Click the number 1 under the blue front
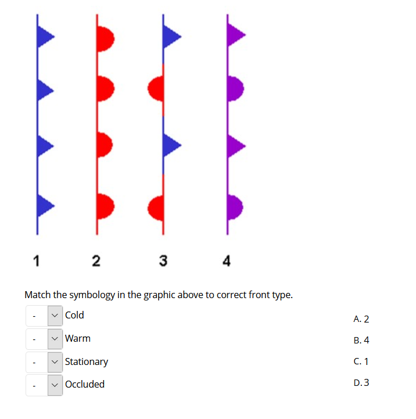tap(37, 261)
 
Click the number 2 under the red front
tap(96, 261)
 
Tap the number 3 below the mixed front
tap(163, 261)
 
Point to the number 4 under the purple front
tap(227, 261)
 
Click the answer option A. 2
tap(361, 318)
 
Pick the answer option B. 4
tap(361, 340)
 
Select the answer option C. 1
tap(361, 361)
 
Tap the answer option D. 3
tap(361, 382)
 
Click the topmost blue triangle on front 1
tap(45, 37)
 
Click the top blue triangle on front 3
tap(171, 37)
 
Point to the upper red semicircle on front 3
tap(156, 89)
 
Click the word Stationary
tap(87, 361)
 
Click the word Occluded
tap(85, 384)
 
